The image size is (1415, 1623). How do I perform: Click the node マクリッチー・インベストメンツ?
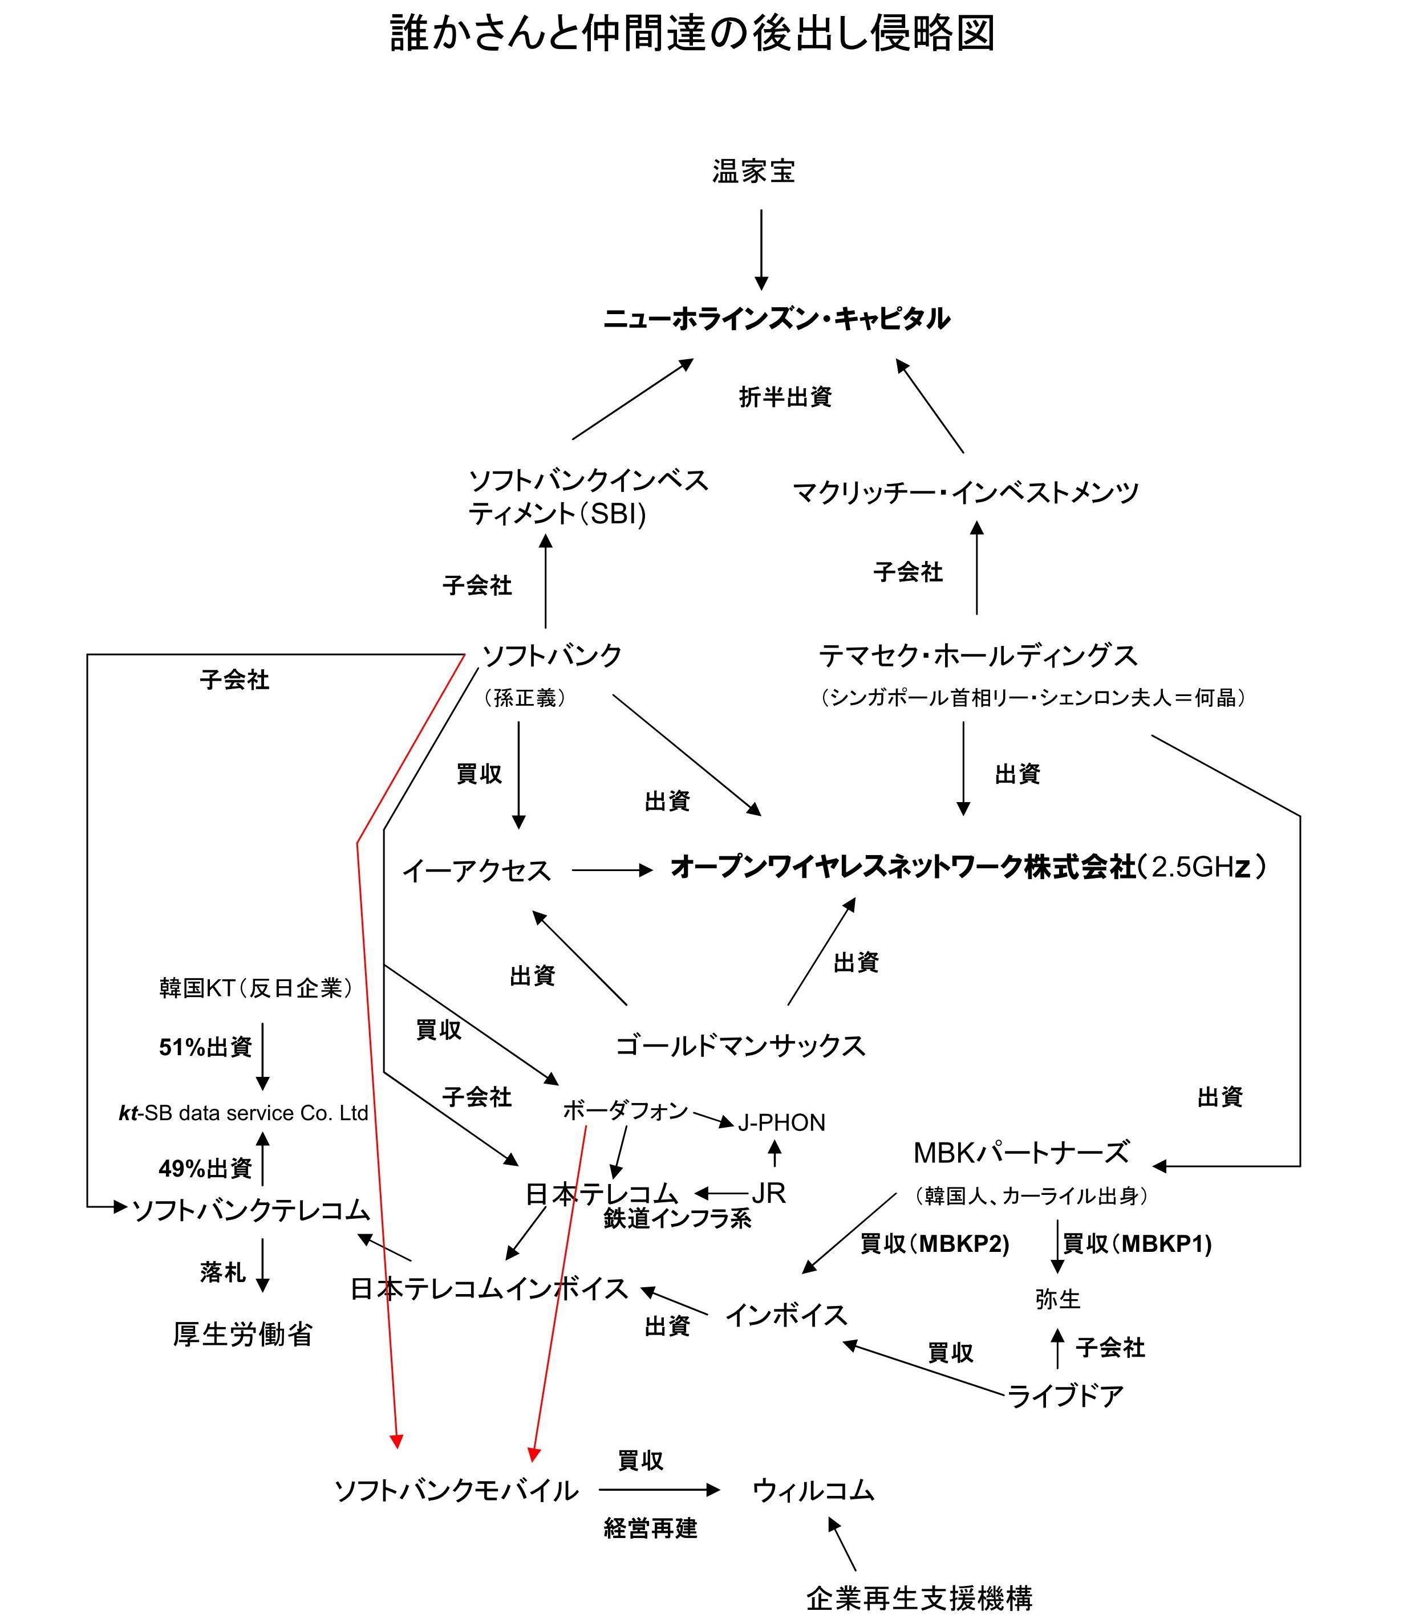[x=966, y=493]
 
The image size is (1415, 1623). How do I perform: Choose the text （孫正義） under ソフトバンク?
[x=524, y=698]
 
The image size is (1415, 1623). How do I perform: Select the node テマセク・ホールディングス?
[x=978, y=655]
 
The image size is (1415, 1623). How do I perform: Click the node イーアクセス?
[x=476, y=871]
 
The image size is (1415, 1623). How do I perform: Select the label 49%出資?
[x=205, y=1168]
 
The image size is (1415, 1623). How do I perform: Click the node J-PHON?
[x=781, y=1122]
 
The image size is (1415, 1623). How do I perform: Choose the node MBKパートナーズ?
[x=1021, y=1153]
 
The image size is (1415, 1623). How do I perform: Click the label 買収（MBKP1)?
[x=1137, y=1244]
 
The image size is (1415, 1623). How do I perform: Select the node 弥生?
[x=1057, y=1299]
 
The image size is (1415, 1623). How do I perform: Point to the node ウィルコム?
[x=813, y=1490]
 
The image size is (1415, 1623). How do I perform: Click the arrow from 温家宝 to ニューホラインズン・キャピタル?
[x=761, y=249]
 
